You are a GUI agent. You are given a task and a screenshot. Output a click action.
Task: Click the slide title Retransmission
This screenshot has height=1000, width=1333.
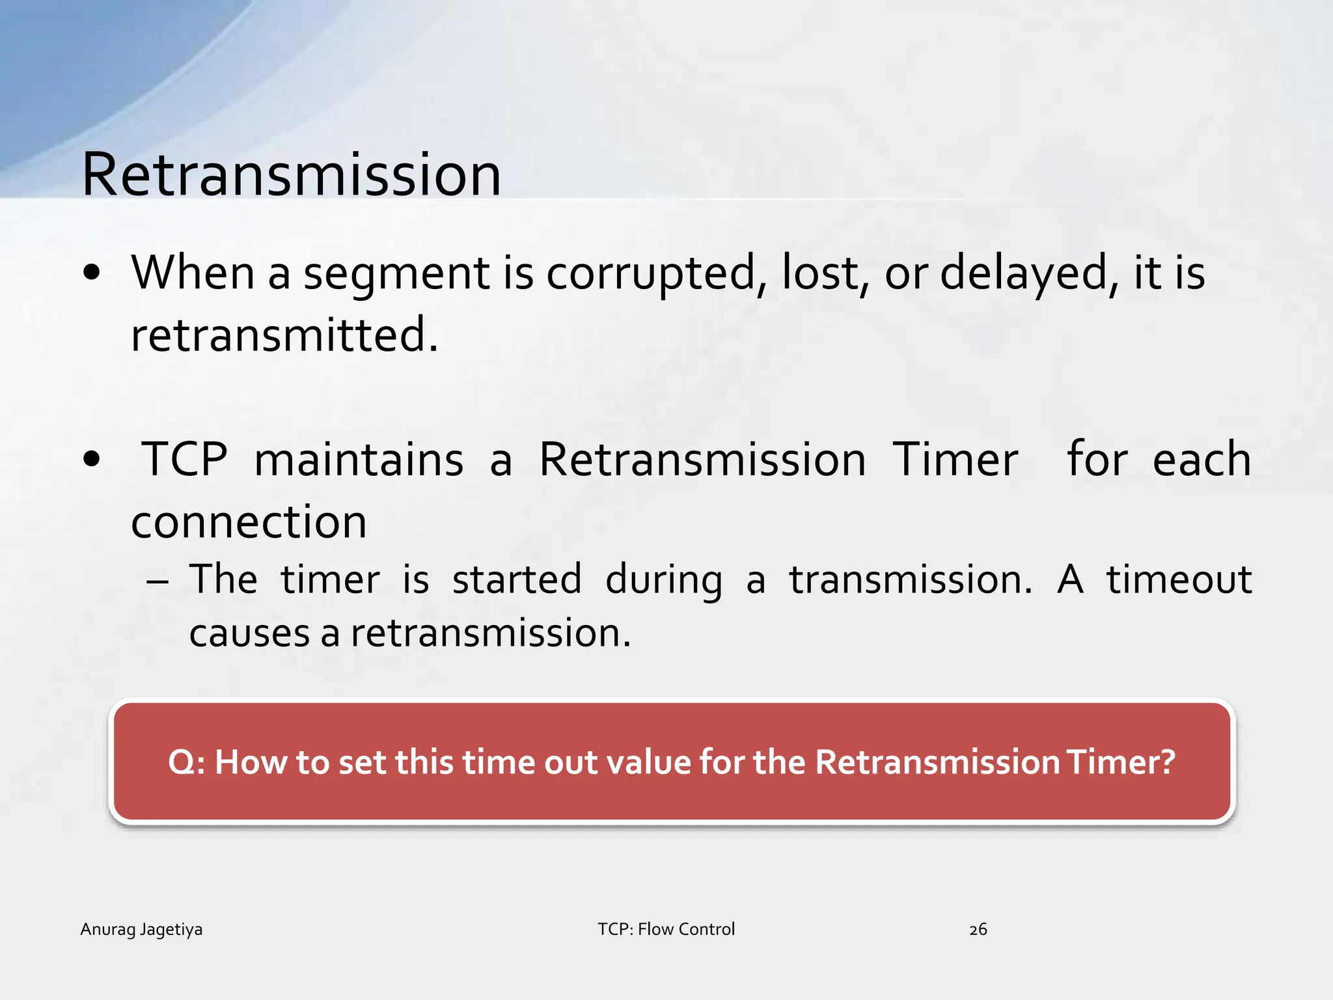291,174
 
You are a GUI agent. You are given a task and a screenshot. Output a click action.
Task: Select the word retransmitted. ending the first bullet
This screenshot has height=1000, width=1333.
284,335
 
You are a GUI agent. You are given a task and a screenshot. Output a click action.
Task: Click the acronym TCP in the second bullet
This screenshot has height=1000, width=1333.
185,460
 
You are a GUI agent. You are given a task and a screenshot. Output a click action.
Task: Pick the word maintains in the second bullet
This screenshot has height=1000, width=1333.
359,460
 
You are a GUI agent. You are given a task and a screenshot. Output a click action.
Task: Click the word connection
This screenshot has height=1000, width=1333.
249,522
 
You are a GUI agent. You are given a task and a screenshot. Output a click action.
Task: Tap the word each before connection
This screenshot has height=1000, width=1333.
1202,460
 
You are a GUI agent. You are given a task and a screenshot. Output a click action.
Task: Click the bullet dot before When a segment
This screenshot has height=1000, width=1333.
92,273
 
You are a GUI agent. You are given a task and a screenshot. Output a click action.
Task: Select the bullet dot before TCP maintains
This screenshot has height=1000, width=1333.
92,460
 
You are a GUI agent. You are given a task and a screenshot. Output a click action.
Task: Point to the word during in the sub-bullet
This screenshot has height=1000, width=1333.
663,580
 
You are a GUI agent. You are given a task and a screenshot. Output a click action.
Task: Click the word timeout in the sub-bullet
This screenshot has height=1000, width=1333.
1179,580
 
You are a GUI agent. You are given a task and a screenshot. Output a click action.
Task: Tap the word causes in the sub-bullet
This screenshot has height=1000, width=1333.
249,633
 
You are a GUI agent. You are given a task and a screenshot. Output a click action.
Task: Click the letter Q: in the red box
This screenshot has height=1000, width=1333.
186,762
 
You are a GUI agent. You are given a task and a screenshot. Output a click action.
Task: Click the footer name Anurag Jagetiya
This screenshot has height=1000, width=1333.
141,929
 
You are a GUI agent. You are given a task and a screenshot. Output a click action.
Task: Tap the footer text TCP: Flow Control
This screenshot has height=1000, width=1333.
666,929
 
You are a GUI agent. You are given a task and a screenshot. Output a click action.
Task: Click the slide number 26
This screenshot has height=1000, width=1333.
978,930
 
